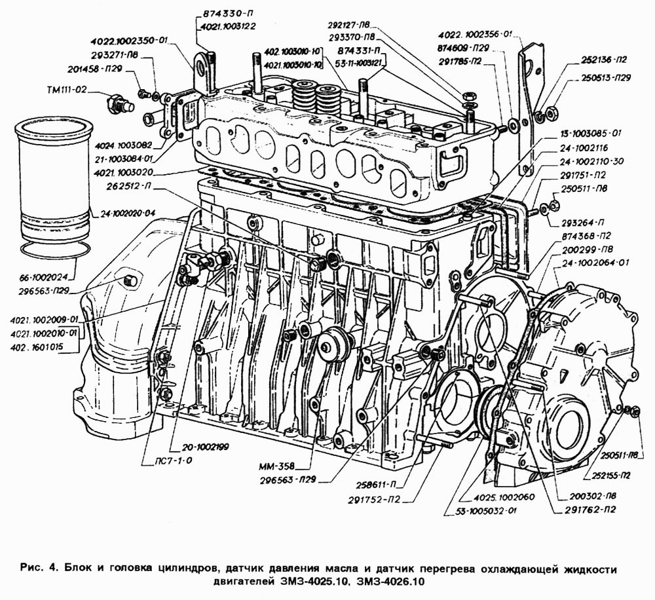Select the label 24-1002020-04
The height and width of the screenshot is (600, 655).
(x=128, y=213)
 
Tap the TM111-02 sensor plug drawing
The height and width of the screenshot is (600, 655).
(x=119, y=104)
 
